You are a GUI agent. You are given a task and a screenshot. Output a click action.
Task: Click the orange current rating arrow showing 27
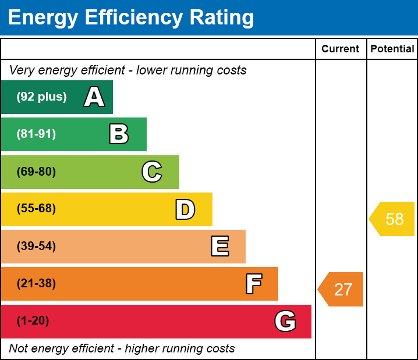[x=341, y=289]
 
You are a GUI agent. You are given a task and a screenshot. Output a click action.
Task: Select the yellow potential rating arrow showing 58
[x=392, y=219]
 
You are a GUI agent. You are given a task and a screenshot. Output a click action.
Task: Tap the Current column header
[x=340, y=49]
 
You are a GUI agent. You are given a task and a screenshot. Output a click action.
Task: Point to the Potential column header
[x=392, y=49]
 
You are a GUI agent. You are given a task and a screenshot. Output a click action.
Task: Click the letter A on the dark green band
[x=94, y=97]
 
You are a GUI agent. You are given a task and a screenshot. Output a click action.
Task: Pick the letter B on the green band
[x=119, y=134]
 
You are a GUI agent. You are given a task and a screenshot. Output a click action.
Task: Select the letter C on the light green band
[x=152, y=172]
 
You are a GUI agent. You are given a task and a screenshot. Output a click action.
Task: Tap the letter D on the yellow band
[x=185, y=209]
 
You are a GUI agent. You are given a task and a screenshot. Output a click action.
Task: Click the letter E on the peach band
[x=220, y=246]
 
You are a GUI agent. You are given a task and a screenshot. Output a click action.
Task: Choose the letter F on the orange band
[x=254, y=284]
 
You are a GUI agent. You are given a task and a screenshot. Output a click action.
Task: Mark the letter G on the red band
[x=285, y=321]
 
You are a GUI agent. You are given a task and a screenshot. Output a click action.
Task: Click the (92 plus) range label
[x=41, y=97]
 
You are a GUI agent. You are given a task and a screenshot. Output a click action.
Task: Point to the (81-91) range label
[x=36, y=134]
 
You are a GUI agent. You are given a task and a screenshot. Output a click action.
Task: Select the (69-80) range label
[x=36, y=172]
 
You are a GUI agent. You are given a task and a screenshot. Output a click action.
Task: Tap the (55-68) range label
[x=36, y=208]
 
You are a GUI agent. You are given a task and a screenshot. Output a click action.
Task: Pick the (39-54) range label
[x=36, y=246]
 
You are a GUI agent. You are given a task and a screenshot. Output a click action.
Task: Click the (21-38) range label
[x=36, y=283]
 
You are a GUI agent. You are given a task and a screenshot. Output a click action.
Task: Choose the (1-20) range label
[x=33, y=320]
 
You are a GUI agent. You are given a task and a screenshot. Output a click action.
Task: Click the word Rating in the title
[x=222, y=17]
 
